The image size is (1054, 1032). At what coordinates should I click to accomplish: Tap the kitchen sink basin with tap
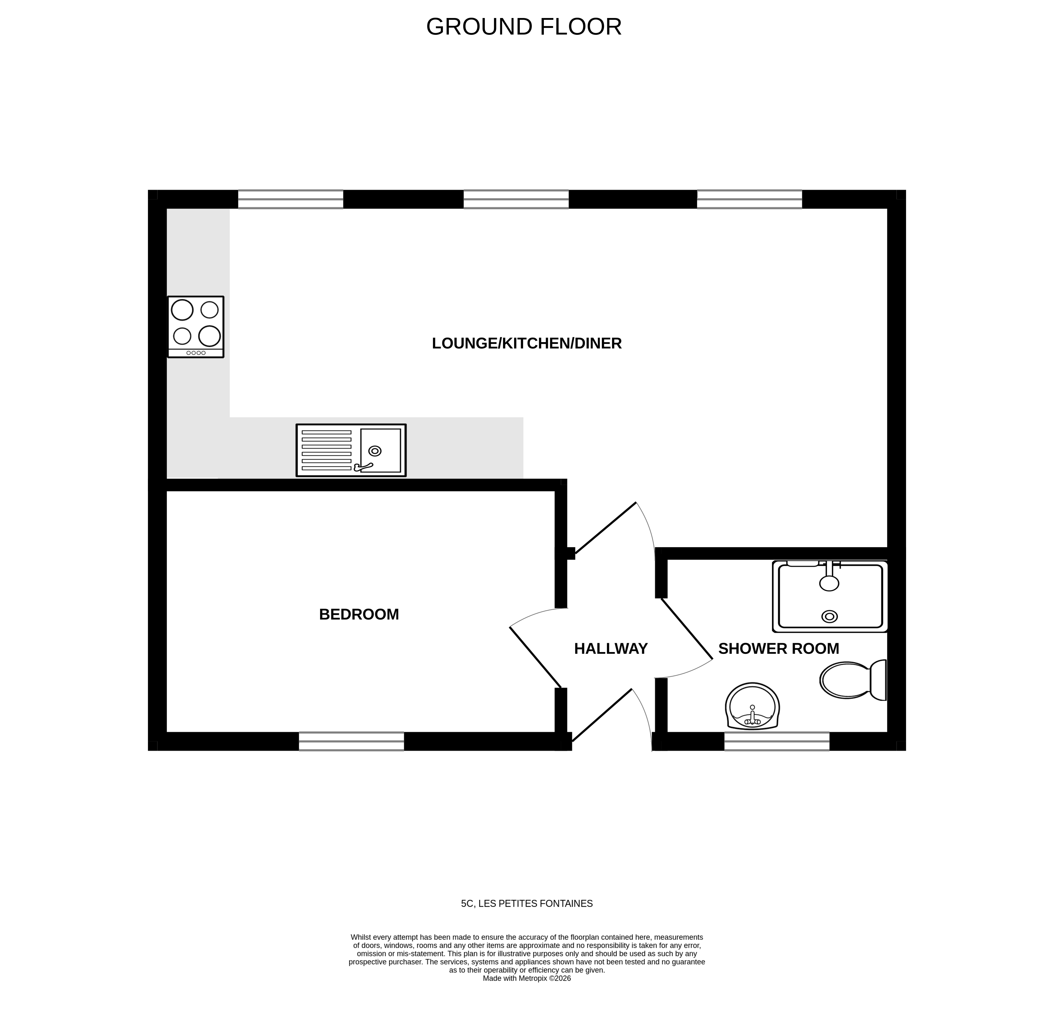pos(380,451)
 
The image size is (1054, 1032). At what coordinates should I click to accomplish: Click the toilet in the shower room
pos(852,680)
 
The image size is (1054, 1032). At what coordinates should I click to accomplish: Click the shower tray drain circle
pos(829,616)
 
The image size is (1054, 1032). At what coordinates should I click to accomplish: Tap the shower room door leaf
pos(686,629)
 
